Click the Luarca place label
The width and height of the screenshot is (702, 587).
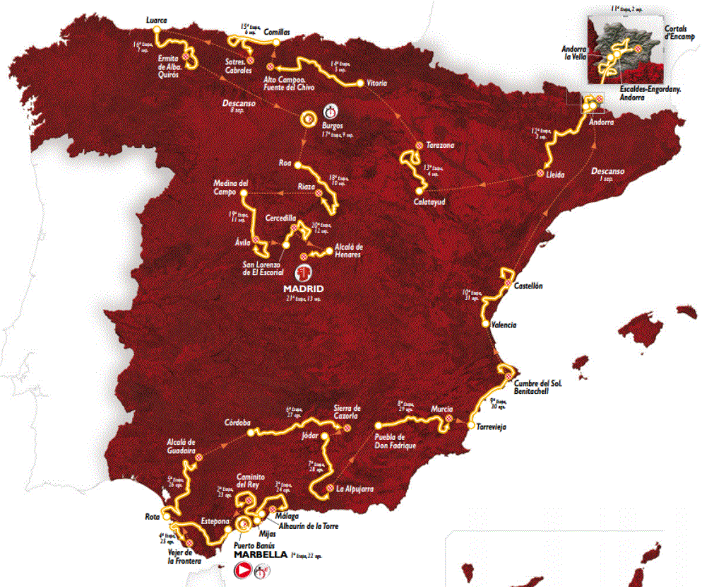(156, 21)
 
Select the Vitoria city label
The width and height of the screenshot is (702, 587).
(377, 83)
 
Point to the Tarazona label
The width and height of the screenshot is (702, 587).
(440, 145)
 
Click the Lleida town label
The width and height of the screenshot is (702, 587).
(555, 174)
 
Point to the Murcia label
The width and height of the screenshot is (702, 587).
(440, 409)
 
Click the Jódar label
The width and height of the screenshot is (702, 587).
(310, 436)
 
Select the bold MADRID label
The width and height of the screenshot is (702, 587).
(303, 289)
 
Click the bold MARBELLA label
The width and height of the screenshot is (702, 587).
(258, 554)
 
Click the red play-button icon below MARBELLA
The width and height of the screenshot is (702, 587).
(244, 569)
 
